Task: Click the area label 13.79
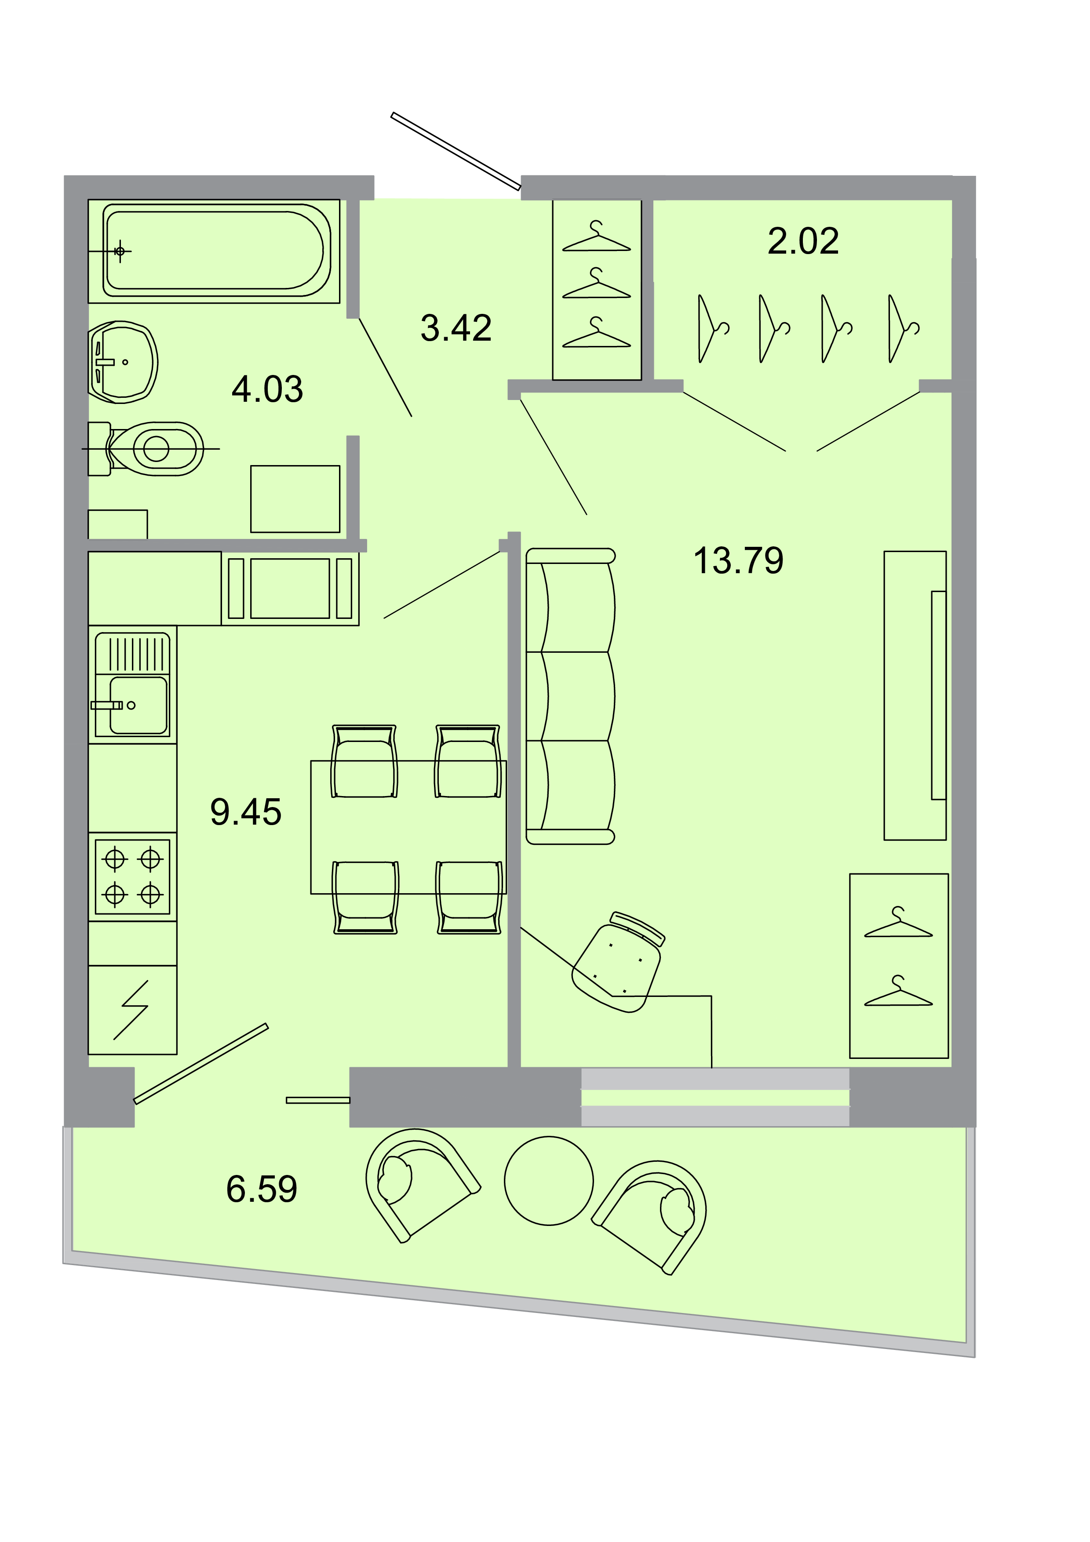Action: (738, 561)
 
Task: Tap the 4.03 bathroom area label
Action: (267, 389)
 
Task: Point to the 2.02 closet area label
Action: (803, 241)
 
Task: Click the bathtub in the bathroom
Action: (215, 251)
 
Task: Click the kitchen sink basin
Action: (138, 705)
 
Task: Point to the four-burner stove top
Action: (132, 876)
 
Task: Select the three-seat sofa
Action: (571, 696)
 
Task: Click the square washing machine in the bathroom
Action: (295, 499)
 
